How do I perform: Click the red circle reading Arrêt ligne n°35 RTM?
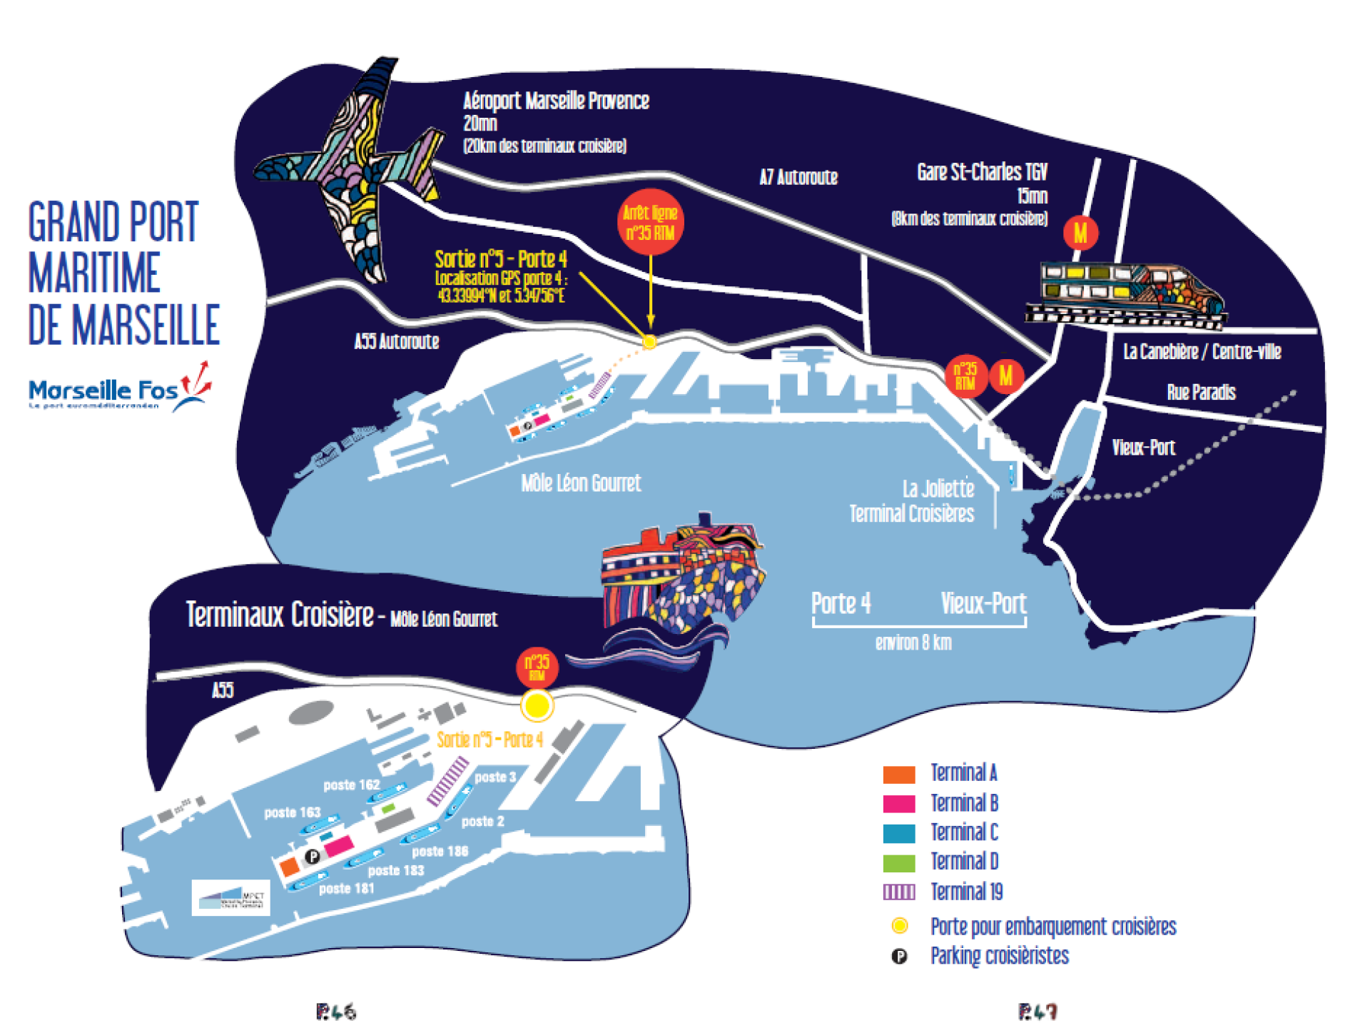click(650, 222)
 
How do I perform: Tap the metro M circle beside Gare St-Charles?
click(1080, 233)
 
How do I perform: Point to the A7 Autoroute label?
click(798, 177)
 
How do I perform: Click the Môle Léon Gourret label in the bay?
click(581, 483)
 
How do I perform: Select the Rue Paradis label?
click(1201, 392)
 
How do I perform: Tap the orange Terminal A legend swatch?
click(898, 774)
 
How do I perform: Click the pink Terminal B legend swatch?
click(898, 804)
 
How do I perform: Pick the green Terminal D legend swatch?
click(898, 863)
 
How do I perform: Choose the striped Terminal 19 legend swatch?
click(898, 892)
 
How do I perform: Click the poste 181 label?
click(346, 889)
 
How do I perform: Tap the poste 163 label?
click(292, 812)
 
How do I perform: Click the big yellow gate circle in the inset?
click(537, 705)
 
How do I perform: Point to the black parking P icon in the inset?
click(312, 856)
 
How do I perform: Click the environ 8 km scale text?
click(913, 642)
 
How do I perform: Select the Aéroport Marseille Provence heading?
click(556, 101)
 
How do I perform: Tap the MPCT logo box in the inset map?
click(231, 897)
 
